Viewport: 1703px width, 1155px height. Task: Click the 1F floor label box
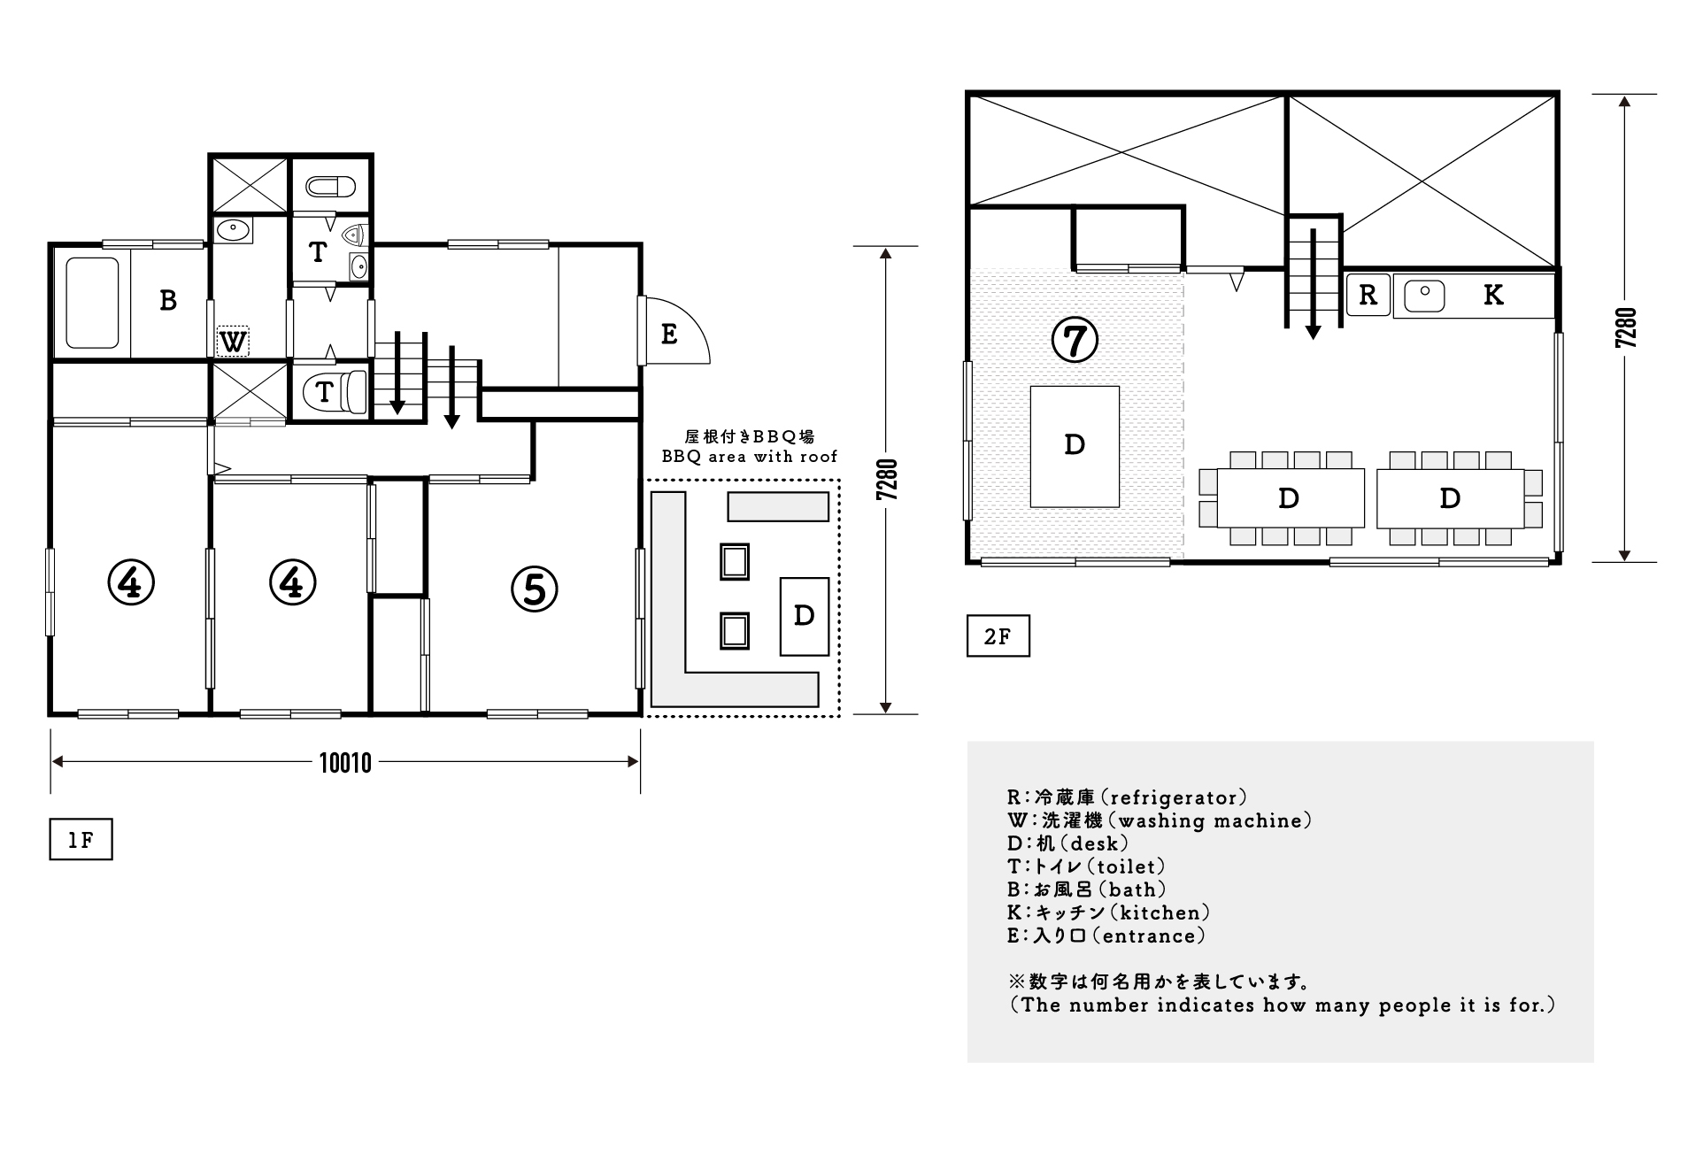pos(81,840)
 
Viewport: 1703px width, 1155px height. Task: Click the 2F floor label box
pos(998,636)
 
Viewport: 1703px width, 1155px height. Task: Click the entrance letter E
pos(669,335)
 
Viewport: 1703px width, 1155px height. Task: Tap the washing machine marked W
pos(233,342)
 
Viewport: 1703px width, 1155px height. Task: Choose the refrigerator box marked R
pos(1368,295)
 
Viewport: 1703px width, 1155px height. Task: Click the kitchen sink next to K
pos(1424,296)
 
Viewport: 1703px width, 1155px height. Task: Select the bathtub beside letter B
pos(92,303)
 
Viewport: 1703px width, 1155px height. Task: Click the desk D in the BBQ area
pos(804,616)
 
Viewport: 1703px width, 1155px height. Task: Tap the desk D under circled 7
pos(1075,446)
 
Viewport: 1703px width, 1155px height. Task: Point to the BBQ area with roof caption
pos(750,457)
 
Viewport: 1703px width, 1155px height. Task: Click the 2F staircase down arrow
pos(1314,283)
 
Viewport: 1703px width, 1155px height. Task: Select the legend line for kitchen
pos(1108,912)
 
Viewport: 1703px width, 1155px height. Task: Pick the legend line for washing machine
pos(1160,820)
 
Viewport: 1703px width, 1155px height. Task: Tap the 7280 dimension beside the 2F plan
pos(1625,327)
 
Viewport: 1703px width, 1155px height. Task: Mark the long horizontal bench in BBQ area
pos(778,506)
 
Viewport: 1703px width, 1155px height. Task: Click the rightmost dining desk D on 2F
pos(1450,498)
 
